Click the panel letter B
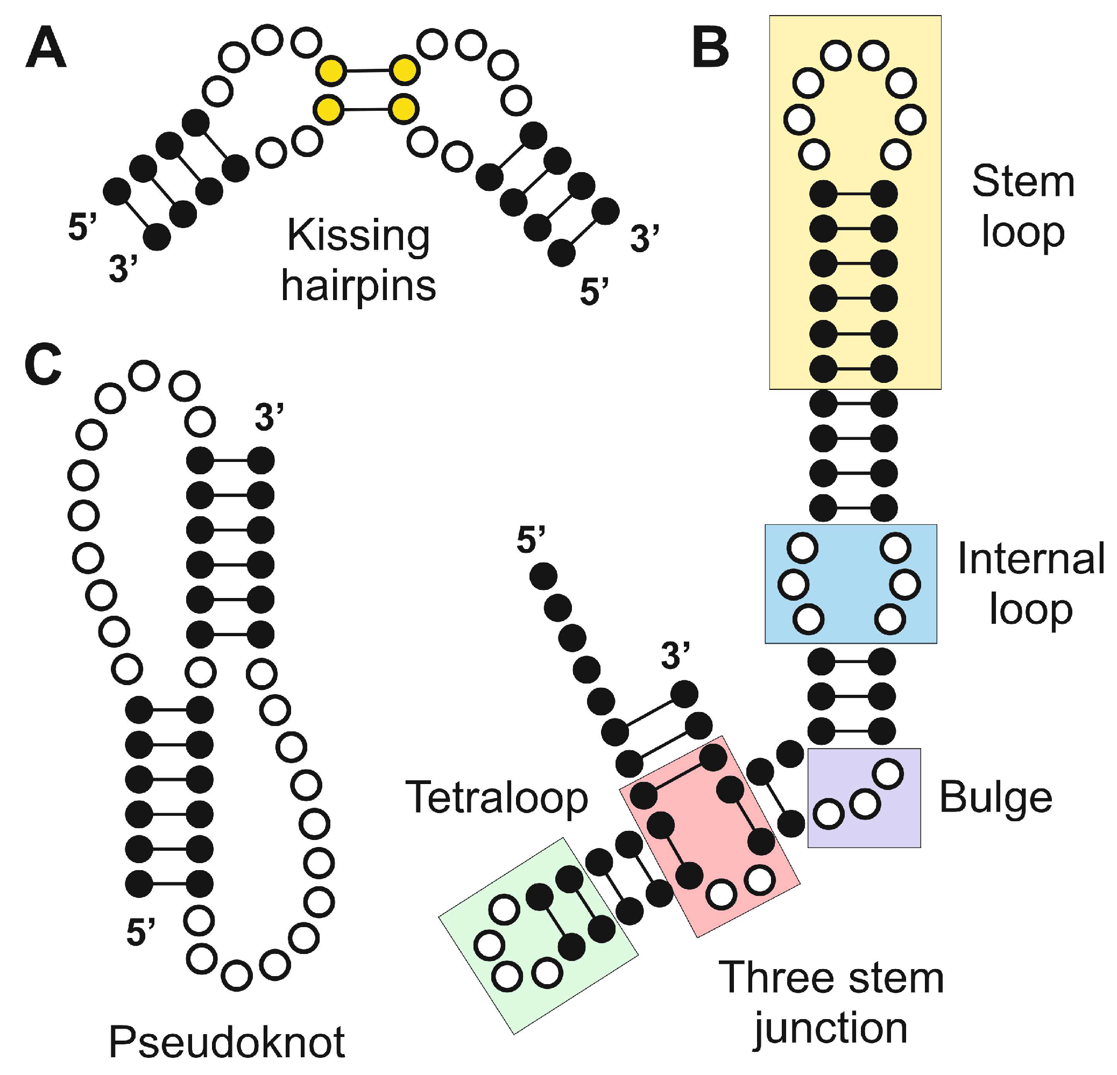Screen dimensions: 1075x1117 (x=710, y=48)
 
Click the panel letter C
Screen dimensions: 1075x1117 (x=43, y=365)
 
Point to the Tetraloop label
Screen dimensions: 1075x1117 (x=496, y=797)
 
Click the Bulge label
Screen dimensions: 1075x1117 (x=995, y=798)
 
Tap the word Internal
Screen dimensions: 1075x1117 (x=1030, y=559)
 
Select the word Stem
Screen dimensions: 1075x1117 (x=1023, y=181)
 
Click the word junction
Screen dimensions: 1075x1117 (x=830, y=1028)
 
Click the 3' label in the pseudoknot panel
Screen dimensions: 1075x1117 (x=268, y=417)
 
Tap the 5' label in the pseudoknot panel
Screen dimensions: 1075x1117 (x=140, y=932)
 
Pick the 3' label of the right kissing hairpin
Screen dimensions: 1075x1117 (x=644, y=239)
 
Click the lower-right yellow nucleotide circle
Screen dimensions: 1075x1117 (x=404, y=108)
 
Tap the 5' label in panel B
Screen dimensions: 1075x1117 (x=531, y=539)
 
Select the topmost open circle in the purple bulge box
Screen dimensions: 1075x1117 (x=888, y=774)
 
